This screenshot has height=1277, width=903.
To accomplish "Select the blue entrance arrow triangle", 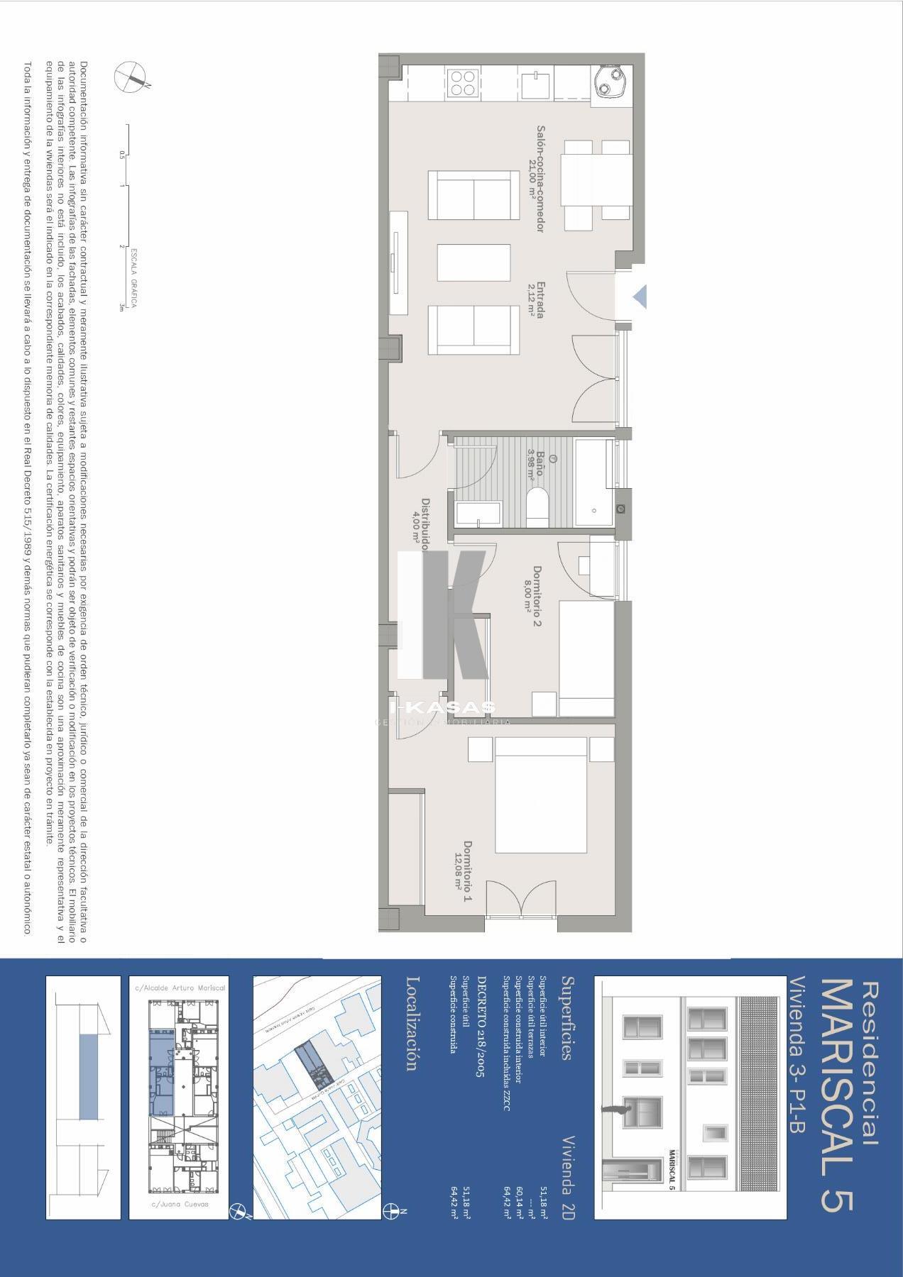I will pos(640,297).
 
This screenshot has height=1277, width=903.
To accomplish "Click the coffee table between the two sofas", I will pos(474,262).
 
